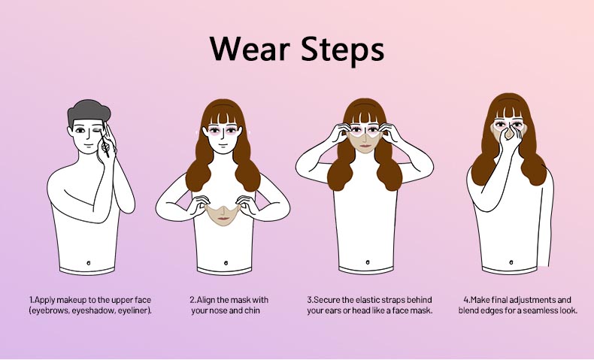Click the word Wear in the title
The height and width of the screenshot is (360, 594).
point(250,49)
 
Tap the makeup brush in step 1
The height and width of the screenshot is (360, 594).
point(105,142)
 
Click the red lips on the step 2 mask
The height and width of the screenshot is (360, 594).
point(224,219)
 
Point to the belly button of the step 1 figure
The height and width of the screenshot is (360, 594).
point(89,262)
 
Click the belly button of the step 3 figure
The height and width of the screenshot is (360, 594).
point(368,262)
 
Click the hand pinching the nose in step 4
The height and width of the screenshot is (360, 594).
point(510,138)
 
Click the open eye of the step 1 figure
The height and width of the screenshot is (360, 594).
point(80,131)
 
